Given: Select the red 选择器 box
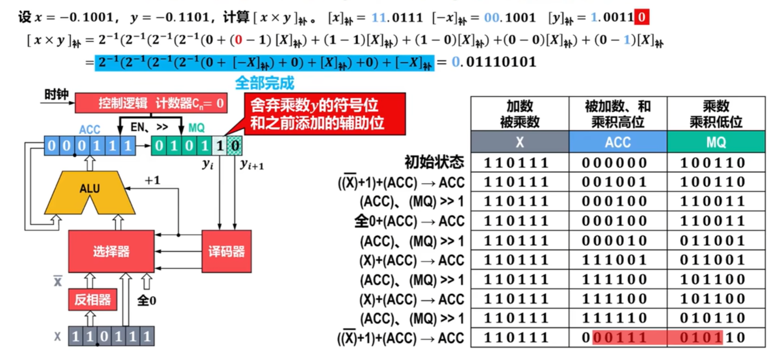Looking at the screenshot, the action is [111, 251].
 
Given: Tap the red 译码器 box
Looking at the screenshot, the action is [227, 251].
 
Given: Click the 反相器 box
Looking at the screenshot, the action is [93, 300].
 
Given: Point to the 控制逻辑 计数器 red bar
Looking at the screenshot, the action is [151, 103].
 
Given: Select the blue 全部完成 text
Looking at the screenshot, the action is [264, 83].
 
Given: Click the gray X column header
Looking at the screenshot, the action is [520, 142].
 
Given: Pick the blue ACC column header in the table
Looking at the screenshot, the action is [618, 142].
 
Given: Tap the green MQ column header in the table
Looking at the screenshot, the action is [716, 142].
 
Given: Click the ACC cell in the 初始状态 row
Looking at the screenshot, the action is [615, 163].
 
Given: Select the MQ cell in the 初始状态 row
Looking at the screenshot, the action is [713, 163].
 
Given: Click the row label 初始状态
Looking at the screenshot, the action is [435, 162].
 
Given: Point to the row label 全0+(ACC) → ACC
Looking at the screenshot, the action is [409, 221].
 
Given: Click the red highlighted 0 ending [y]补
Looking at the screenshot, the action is [642, 17].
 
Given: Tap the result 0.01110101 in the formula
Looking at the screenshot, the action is [494, 62].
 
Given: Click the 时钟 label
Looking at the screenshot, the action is [56, 95].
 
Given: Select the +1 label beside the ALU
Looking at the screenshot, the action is [153, 180].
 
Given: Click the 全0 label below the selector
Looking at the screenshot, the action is [147, 301].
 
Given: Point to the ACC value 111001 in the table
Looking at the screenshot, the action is [615, 260].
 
